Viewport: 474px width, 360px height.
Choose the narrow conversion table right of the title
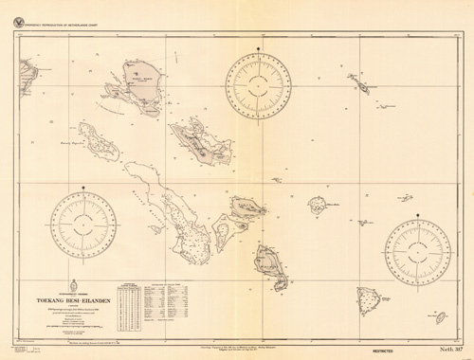click(x=128, y=305)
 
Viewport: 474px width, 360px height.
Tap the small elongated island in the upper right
click(x=361, y=86)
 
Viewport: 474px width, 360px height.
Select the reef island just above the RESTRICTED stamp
click(x=368, y=301)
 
